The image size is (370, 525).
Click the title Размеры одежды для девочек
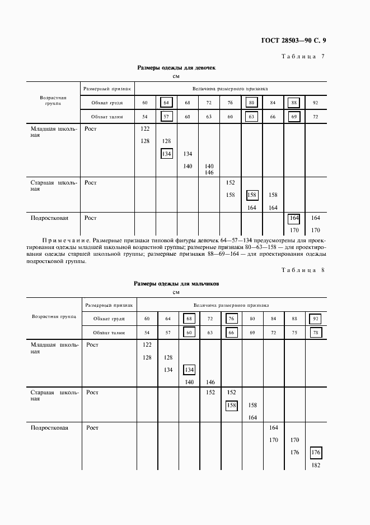pyautogui.click(x=176, y=67)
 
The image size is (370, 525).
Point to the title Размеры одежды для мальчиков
pyautogui.click(x=176, y=284)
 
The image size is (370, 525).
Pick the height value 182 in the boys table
pyautogui.click(x=315, y=466)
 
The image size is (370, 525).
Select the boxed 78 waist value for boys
pyautogui.click(x=315, y=333)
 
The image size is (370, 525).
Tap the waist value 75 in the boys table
pyautogui.click(x=294, y=333)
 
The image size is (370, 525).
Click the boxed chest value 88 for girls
pyautogui.click(x=294, y=103)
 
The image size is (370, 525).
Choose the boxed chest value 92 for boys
pyautogui.click(x=315, y=319)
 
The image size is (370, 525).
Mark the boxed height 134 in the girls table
pyautogui.click(x=166, y=154)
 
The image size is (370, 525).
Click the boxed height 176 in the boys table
pyautogui.click(x=315, y=452)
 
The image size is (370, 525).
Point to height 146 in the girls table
pyautogui.click(x=209, y=173)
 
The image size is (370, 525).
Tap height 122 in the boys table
pyautogui.click(x=147, y=344)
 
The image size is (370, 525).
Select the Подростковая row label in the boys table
pyautogui.click(x=49, y=428)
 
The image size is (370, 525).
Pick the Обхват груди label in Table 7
pyautogui.click(x=107, y=103)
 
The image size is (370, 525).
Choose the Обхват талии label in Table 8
pyautogui.click(x=109, y=333)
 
